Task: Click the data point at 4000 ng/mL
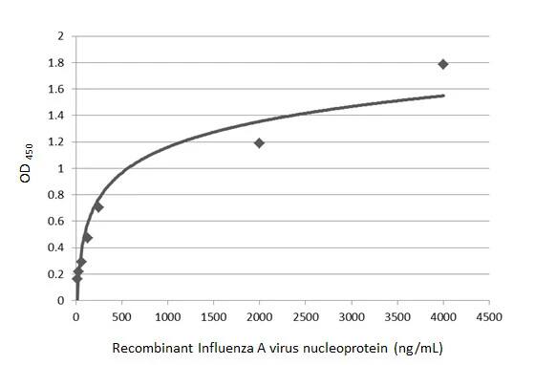pos(443,64)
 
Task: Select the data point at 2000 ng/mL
pos(259,143)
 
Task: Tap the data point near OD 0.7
pos(97,206)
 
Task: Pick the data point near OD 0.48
pos(87,237)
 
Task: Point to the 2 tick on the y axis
pos(60,36)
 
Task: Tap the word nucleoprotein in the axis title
pos(353,346)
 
